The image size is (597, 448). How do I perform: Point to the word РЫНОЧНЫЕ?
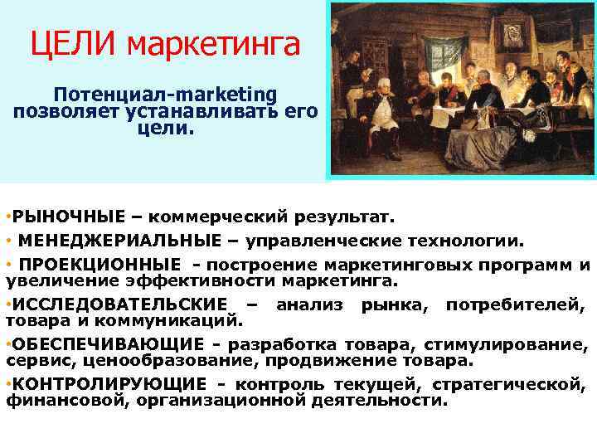click(x=65, y=217)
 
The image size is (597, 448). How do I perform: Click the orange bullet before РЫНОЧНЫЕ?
click(x=7, y=217)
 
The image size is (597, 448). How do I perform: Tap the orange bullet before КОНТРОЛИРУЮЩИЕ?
click(x=7, y=383)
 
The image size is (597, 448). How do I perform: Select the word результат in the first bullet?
click(x=353, y=217)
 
